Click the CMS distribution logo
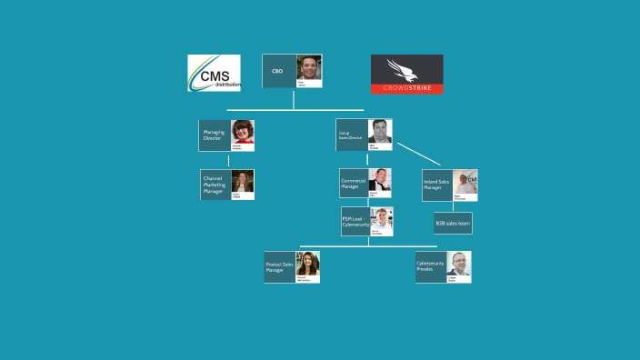pyautogui.click(x=214, y=74)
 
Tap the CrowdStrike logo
pyautogui.click(x=406, y=75)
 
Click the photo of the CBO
pyautogui.click(x=309, y=68)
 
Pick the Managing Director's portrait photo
pyautogui.click(x=243, y=133)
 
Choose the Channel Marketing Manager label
pyautogui.click(x=215, y=185)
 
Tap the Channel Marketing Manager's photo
pyautogui.click(x=243, y=182)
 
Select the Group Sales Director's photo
pyautogui.click(x=380, y=131)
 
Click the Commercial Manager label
pyautogui.click(x=354, y=183)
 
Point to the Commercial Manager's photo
pyautogui.click(x=380, y=180)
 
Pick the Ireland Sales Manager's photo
pyautogui.click(x=465, y=183)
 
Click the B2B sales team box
pyautogui.click(x=453, y=223)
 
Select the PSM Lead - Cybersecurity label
pyautogui.click(x=355, y=221)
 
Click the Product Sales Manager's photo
pyautogui.click(x=307, y=265)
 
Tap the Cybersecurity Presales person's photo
pyautogui.click(x=459, y=265)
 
